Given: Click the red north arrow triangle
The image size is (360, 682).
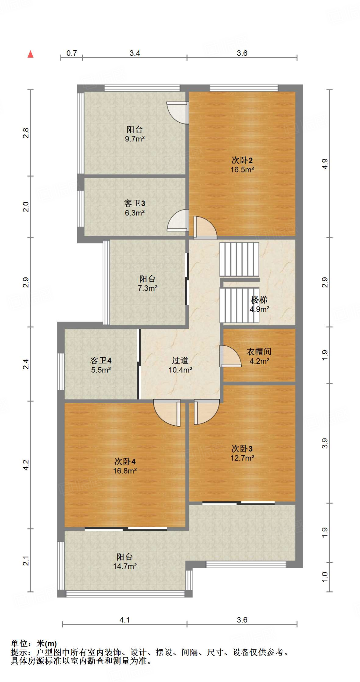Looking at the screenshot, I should point(31,54).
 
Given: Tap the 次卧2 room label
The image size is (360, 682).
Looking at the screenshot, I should point(242,161).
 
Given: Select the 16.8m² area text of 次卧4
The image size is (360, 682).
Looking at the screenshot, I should point(125,471).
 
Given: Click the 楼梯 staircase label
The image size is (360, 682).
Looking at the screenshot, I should point(259,300).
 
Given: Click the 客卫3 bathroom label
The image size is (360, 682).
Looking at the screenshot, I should point(135,203).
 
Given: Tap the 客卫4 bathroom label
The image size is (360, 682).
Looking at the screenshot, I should point(101,361).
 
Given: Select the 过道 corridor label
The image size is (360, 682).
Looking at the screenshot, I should point(180,361).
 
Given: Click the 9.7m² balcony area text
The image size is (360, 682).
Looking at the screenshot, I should point(135,139).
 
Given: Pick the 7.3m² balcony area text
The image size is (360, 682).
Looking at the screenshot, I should point(148,288).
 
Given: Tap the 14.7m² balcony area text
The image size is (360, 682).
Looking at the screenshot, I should point(125,566).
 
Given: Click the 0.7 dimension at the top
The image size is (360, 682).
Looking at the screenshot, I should point(72,53).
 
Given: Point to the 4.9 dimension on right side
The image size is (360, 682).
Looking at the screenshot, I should point(325,164).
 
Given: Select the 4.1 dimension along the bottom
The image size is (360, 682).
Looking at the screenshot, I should point(125,620).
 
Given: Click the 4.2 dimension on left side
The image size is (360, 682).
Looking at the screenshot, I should point(26,465).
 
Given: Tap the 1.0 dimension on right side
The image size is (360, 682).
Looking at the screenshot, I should point(325,577).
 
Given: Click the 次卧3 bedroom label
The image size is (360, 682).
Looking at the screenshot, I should point(242,449).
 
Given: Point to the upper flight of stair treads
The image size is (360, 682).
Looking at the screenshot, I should point(239,259).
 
